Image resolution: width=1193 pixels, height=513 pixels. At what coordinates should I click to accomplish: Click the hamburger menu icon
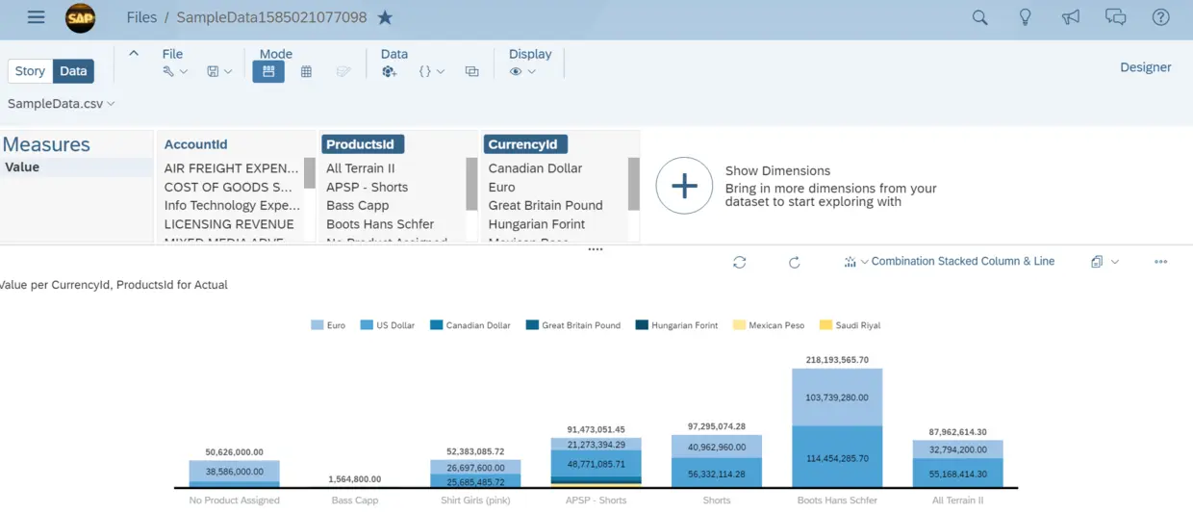(36, 17)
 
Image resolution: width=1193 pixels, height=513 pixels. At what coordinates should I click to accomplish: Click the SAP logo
(81, 17)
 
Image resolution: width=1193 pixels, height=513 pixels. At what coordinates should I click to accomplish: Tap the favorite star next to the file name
(385, 17)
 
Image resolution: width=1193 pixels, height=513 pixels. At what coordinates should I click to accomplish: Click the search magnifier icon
(979, 17)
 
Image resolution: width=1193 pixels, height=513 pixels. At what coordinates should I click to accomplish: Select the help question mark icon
(1161, 17)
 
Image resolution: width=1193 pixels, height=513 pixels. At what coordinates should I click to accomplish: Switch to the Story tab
(30, 71)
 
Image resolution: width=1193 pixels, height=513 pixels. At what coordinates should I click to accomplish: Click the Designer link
(1145, 67)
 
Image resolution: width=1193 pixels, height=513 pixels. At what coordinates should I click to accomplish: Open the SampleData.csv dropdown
(62, 103)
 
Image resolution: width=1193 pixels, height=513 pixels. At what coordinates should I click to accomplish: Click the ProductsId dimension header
(361, 144)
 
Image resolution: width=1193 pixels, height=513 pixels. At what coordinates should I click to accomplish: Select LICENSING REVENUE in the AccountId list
(229, 224)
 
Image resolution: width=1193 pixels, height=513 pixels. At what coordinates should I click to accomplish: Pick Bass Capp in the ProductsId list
(358, 205)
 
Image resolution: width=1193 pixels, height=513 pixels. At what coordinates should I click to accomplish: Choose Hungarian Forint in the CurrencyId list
(537, 224)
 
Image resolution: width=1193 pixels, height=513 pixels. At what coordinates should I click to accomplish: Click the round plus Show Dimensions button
(684, 186)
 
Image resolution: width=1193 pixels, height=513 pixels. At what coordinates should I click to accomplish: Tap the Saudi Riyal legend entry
(850, 325)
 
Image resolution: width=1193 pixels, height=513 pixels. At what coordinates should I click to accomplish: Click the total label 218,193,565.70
(837, 360)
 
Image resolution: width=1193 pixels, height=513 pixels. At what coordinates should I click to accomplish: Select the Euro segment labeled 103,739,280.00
(837, 398)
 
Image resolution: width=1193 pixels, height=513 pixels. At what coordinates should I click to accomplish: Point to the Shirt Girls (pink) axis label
(476, 500)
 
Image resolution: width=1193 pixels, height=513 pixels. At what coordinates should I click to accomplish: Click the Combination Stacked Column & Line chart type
(962, 261)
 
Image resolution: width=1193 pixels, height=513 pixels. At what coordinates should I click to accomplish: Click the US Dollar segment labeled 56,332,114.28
(717, 474)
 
